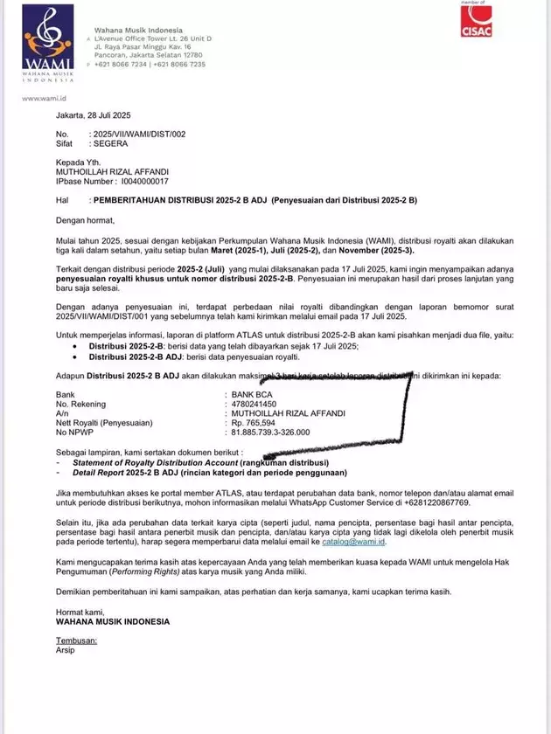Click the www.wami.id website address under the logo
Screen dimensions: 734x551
coord(40,99)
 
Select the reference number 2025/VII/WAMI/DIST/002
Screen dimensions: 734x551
coord(139,134)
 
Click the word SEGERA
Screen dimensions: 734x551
coord(110,142)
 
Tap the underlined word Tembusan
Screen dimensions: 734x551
coord(76,641)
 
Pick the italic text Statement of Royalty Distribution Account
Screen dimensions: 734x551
coord(146,461)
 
